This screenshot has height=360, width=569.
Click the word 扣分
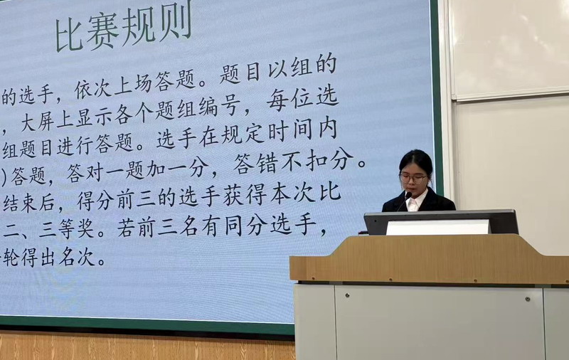(x=329, y=160)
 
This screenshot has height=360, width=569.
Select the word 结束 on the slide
(x=21, y=203)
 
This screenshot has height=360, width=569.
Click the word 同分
(x=247, y=226)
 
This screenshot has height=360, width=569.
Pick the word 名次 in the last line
(x=77, y=257)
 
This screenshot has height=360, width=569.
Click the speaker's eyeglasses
(x=413, y=178)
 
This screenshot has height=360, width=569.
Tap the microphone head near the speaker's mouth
(x=408, y=196)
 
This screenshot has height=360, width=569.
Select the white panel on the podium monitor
(x=438, y=228)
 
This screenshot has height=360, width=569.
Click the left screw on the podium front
(x=347, y=296)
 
